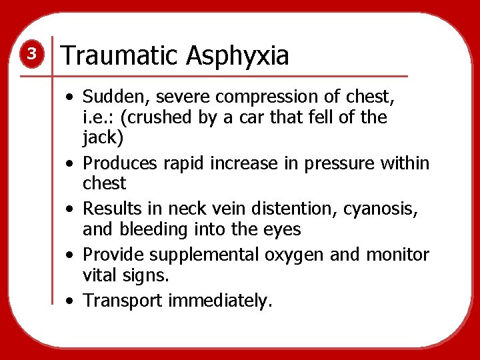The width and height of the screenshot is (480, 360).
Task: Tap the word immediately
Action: (x=220, y=301)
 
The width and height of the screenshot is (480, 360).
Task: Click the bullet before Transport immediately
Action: (x=70, y=301)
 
